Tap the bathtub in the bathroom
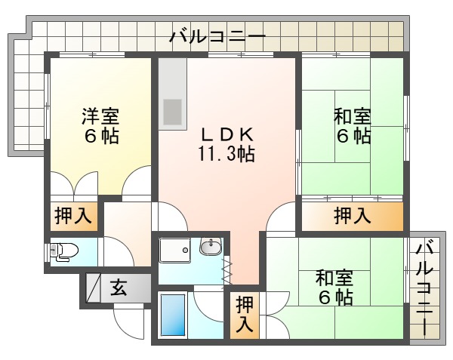coord(174,315)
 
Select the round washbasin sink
coord(210,247)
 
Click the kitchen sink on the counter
coord(174,113)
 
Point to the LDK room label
coord(226,134)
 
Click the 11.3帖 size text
coord(226,155)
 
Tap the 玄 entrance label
coord(119,287)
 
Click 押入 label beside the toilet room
coord(73,217)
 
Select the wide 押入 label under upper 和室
coord(352,217)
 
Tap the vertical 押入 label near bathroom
coord(245,315)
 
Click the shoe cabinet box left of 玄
coord(93,287)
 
